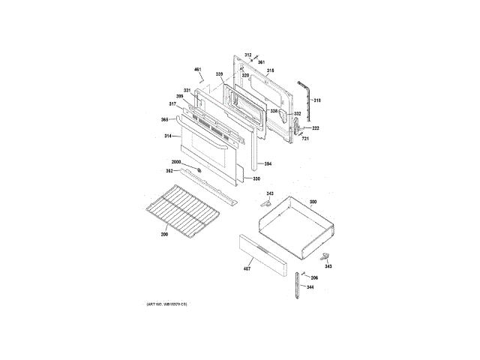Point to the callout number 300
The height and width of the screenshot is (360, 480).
[x=313, y=202]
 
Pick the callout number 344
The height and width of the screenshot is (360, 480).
[x=309, y=287]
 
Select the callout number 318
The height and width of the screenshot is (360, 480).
[x=316, y=100]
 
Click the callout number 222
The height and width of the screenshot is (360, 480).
[x=316, y=128]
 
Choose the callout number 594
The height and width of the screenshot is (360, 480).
[x=268, y=163]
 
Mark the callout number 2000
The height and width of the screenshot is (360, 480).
[x=176, y=163]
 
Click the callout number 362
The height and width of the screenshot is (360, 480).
[x=169, y=171]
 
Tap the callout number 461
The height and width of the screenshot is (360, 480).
[x=198, y=70]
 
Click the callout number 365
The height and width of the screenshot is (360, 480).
[x=164, y=120]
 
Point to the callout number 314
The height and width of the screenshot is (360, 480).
[x=168, y=136]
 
